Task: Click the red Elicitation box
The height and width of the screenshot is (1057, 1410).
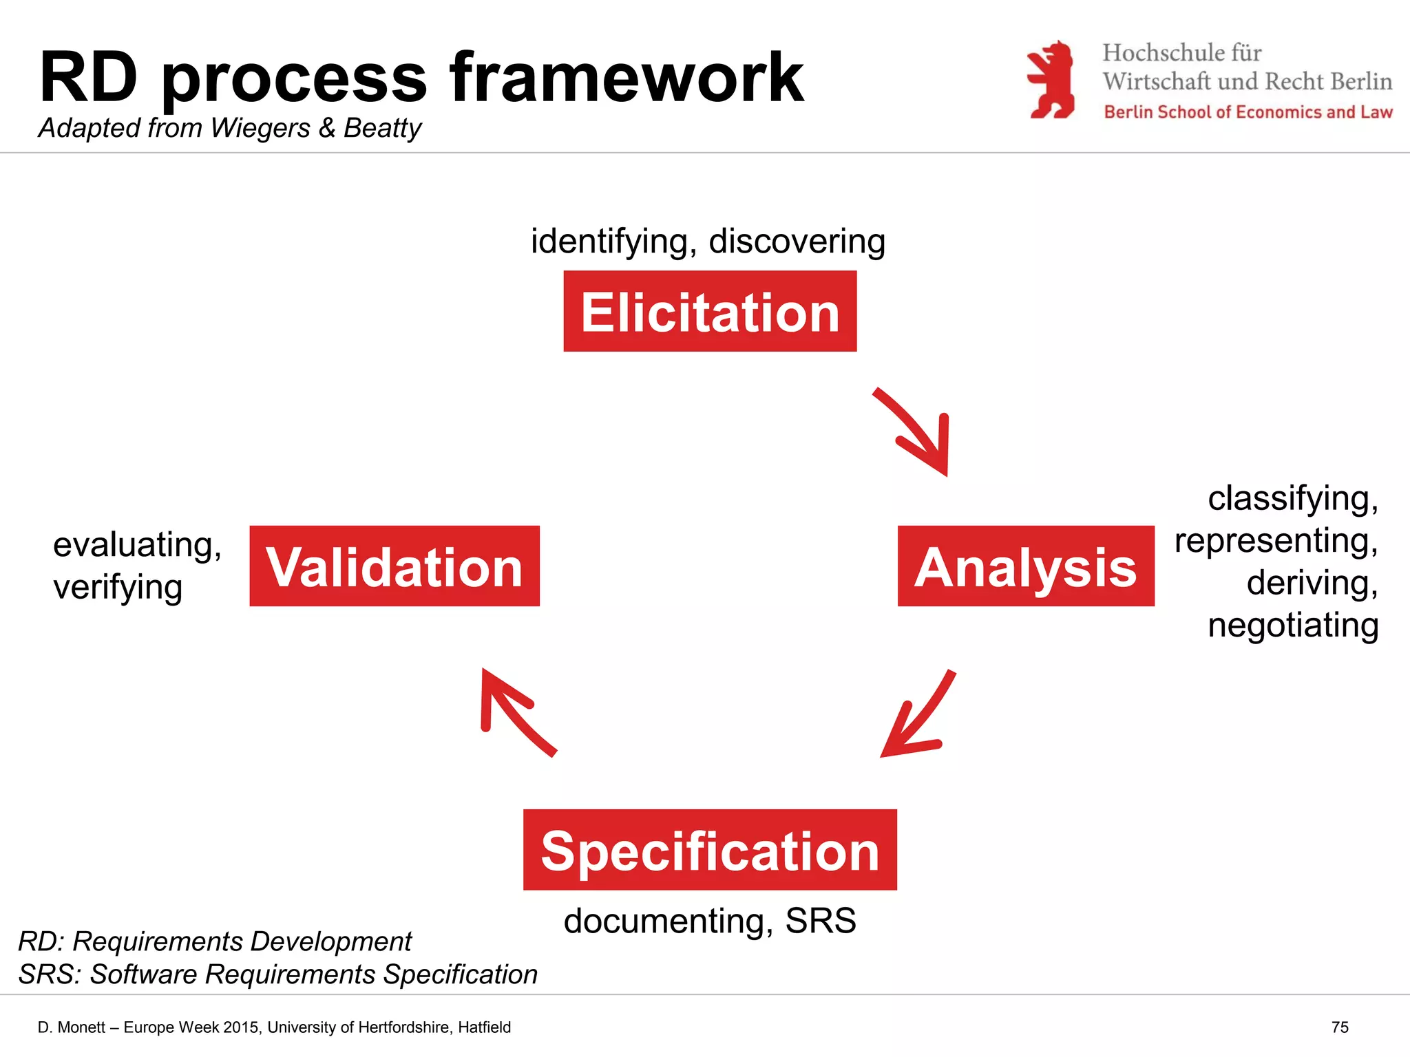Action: click(710, 311)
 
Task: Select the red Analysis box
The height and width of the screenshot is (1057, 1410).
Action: click(1026, 566)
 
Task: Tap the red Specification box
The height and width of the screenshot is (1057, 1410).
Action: click(710, 850)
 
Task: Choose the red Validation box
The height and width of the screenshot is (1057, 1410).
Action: click(394, 566)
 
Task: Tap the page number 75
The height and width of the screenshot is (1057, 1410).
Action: click(1340, 1027)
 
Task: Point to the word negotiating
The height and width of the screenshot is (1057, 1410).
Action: click(1293, 626)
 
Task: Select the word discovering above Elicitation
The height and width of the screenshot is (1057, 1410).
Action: click(797, 242)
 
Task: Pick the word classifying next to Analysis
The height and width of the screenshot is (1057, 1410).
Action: click(1292, 498)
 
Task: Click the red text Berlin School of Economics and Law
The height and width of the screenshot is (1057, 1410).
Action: click(1248, 112)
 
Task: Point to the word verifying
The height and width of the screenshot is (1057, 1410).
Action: click(118, 588)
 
